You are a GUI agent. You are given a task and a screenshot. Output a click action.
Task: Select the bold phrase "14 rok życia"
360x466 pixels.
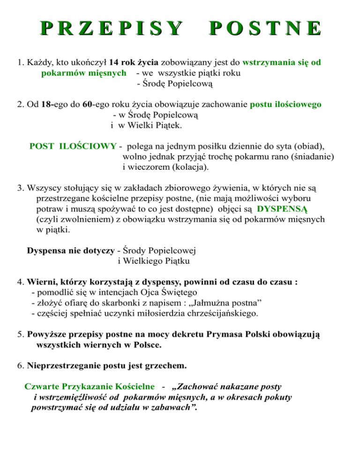pos(135,62)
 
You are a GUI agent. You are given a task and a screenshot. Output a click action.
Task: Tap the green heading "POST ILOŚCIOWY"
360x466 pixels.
pos(73,146)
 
